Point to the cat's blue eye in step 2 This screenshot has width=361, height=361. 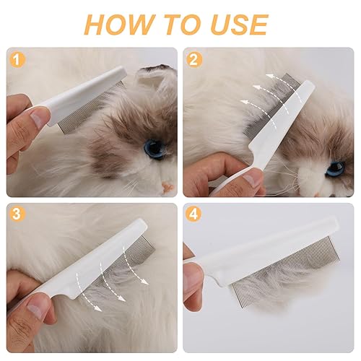[x=334, y=168]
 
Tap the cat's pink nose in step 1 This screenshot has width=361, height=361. [x=167, y=187]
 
